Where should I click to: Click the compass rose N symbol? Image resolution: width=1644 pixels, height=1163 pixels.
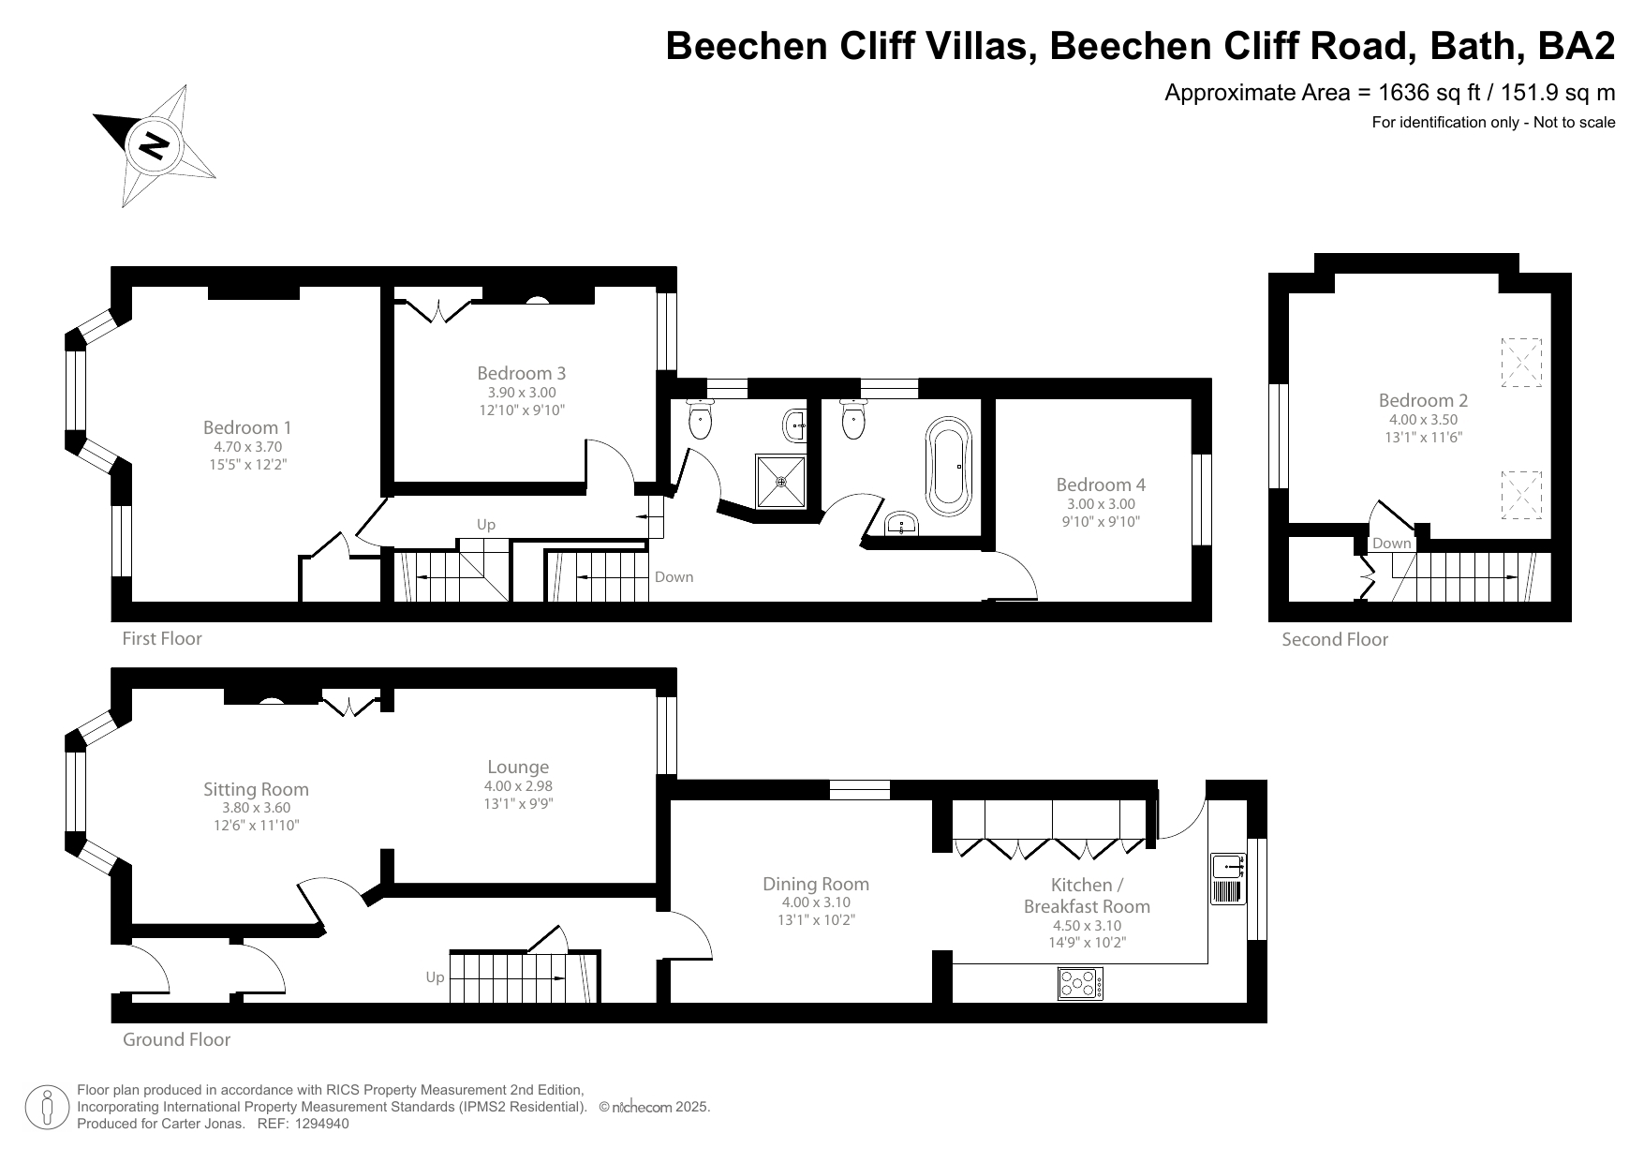tap(154, 145)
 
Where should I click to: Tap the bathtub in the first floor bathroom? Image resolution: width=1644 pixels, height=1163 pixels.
tap(951, 462)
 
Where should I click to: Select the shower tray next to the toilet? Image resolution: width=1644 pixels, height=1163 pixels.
tap(780, 481)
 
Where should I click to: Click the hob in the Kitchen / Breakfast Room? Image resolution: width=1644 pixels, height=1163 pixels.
tap(1080, 983)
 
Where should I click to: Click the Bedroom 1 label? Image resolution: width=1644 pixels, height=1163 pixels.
tap(247, 427)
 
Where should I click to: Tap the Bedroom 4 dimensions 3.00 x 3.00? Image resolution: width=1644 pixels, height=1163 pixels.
tap(1101, 504)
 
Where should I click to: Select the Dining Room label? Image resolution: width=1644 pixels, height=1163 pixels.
tap(815, 884)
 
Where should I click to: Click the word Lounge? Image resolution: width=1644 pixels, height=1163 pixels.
tap(518, 767)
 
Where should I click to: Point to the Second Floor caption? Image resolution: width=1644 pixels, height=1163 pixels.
tap(1335, 639)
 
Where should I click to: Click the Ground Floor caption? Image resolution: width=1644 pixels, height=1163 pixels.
tap(176, 1039)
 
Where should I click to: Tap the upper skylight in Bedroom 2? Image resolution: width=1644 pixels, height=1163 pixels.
tap(1520, 363)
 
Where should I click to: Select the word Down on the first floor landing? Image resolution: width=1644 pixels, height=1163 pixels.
tap(674, 576)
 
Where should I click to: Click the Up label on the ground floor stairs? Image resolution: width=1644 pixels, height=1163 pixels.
tap(435, 977)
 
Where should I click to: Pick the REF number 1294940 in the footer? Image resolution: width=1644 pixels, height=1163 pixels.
tap(322, 1124)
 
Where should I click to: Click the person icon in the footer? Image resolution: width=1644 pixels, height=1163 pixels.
tap(47, 1108)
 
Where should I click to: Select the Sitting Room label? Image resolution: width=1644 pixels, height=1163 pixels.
tap(256, 789)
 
